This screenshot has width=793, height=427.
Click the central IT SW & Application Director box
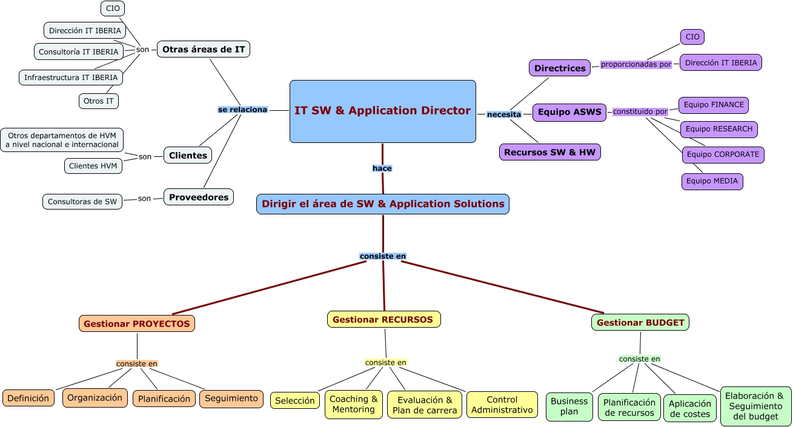coord(382,111)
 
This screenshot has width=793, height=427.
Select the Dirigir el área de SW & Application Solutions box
coord(383,204)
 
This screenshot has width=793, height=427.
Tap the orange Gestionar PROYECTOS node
coord(137,324)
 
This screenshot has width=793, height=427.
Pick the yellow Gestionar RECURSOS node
coord(383,319)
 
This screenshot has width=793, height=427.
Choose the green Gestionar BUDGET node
coord(640,323)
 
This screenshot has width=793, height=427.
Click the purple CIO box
coord(692,37)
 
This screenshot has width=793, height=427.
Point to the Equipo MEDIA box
coord(712,182)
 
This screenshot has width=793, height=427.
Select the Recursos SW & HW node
coord(549,152)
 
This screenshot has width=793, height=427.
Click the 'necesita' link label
coord(504,114)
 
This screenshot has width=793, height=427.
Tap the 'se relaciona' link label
coord(242,110)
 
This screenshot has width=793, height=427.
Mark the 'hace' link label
coord(382,168)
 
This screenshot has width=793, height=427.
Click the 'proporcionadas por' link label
coord(636,64)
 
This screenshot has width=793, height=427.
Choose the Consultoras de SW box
coord(82,202)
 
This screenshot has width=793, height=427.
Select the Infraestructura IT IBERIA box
coord(71,78)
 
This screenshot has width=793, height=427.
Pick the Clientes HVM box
coord(93,166)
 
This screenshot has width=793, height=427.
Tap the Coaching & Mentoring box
coord(354,405)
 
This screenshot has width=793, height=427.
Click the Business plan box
coord(569,406)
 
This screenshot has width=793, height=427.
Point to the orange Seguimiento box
coord(231,399)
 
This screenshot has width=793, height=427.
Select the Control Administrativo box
coord(502,405)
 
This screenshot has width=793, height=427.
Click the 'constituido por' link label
coord(640,112)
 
